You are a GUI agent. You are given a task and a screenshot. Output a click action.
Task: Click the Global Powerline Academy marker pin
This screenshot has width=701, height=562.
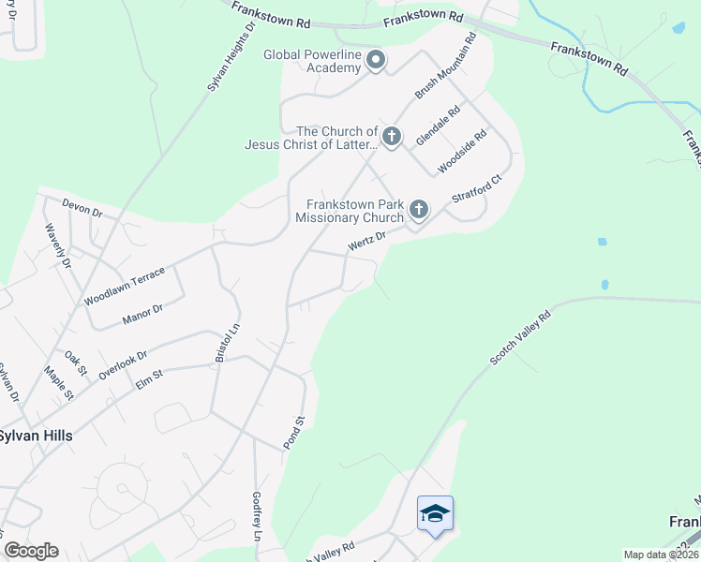point(376,61)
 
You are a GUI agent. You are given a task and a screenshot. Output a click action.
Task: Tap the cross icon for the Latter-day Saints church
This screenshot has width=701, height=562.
point(392,138)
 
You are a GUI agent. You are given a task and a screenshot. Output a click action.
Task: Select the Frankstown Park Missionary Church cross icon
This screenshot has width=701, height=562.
point(418,209)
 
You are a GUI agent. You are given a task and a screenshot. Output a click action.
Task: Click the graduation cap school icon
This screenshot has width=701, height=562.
point(435,513)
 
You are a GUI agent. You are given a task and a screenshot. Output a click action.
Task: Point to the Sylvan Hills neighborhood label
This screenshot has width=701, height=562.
point(36,436)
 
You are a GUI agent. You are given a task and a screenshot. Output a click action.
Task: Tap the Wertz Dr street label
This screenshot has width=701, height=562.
point(366,242)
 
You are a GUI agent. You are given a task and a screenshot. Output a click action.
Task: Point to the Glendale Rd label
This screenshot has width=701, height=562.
point(439,124)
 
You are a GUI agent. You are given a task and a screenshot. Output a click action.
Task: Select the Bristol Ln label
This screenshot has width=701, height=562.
point(222,343)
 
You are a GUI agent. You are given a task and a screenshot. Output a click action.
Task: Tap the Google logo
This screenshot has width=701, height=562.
point(31,551)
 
